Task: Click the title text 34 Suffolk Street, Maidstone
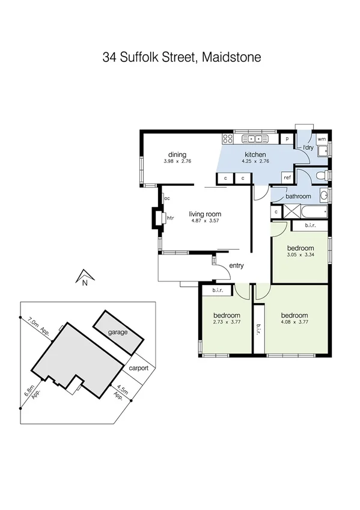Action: click(181, 58)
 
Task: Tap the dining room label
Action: click(177, 154)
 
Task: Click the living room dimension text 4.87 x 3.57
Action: click(206, 221)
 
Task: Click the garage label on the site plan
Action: click(118, 332)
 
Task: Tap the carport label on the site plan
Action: click(138, 367)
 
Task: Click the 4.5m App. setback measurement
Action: click(123, 393)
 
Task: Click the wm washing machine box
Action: click(321, 138)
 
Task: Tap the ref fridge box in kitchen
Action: click(287, 178)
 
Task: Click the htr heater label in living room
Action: click(170, 218)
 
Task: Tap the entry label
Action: click(236, 265)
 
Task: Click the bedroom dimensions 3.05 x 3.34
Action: click(300, 255)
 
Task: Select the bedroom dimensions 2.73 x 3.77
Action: click(227, 322)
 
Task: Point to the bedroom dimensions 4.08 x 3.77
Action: click(294, 322)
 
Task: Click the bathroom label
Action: click(298, 196)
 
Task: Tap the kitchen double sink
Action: click(253, 139)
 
